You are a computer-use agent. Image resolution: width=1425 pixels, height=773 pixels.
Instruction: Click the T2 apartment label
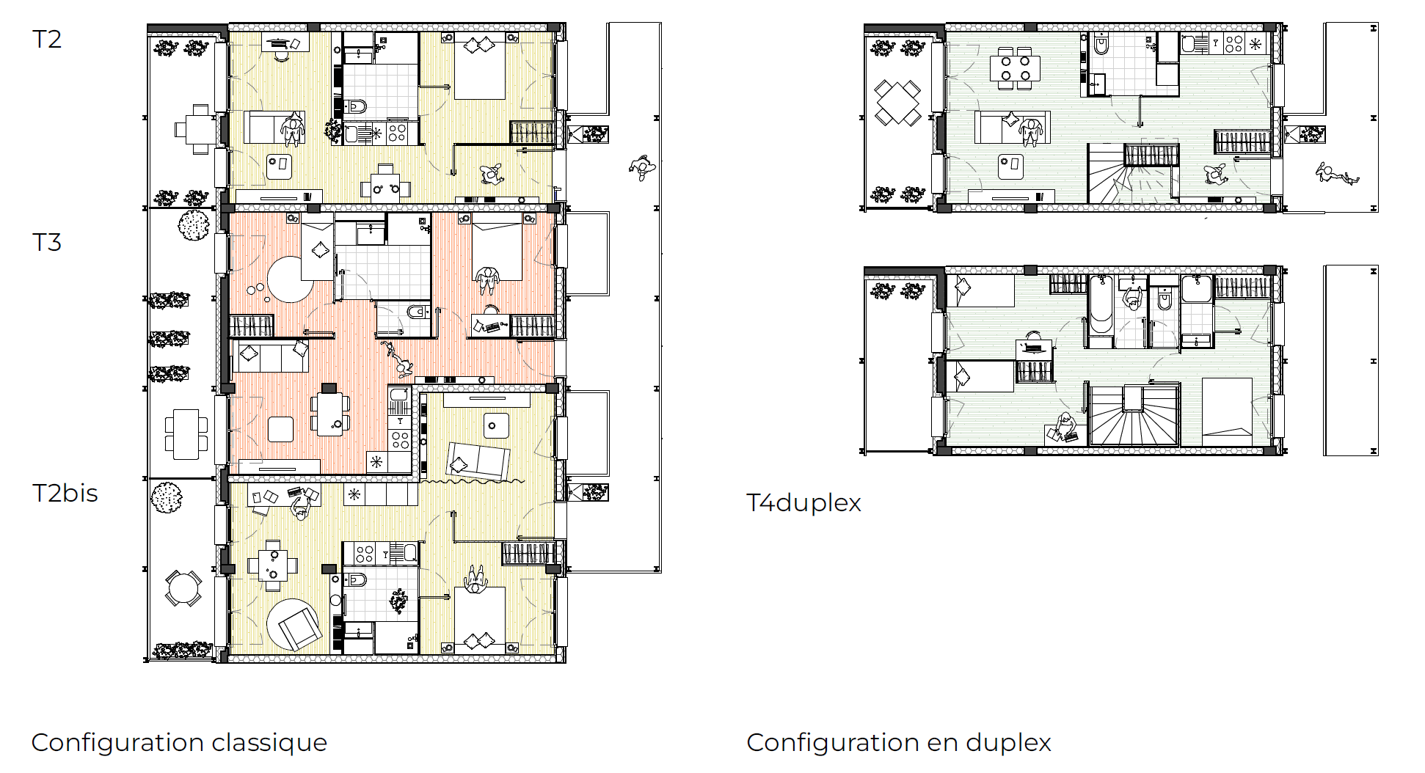pyautogui.click(x=47, y=39)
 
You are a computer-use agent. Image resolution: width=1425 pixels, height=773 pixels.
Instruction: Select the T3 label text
pyautogui.click(x=47, y=242)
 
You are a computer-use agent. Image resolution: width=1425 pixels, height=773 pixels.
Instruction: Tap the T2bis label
pyautogui.click(x=65, y=493)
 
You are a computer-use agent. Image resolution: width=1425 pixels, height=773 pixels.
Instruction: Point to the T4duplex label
pyautogui.click(x=803, y=503)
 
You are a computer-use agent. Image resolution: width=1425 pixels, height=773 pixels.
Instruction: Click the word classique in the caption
pyautogui.click(x=269, y=743)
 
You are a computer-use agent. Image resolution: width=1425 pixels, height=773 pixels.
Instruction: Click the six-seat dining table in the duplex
pyautogui.click(x=1016, y=67)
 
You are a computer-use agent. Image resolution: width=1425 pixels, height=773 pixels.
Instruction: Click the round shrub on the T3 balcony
pyautogui.click(x=194, y=225)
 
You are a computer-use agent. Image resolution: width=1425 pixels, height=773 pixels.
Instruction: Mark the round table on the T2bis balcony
pyautogui.click(x=182, y=588)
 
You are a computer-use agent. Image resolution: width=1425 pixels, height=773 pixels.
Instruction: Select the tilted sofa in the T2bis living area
pyautogui.click(x=478, y=461)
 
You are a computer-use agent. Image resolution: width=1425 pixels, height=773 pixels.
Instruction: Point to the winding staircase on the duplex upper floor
pyautogui.click(x=1134, y=415)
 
